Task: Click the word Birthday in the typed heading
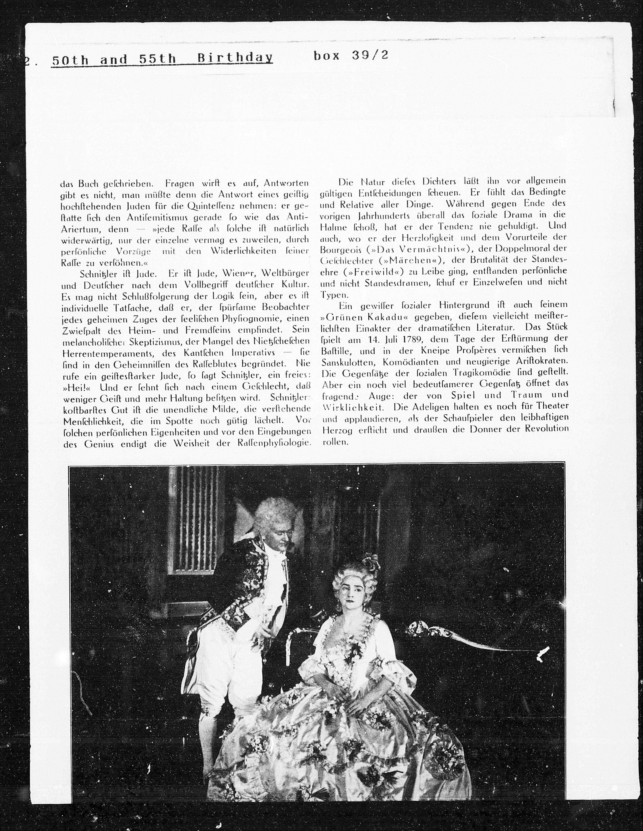coord(235,58)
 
